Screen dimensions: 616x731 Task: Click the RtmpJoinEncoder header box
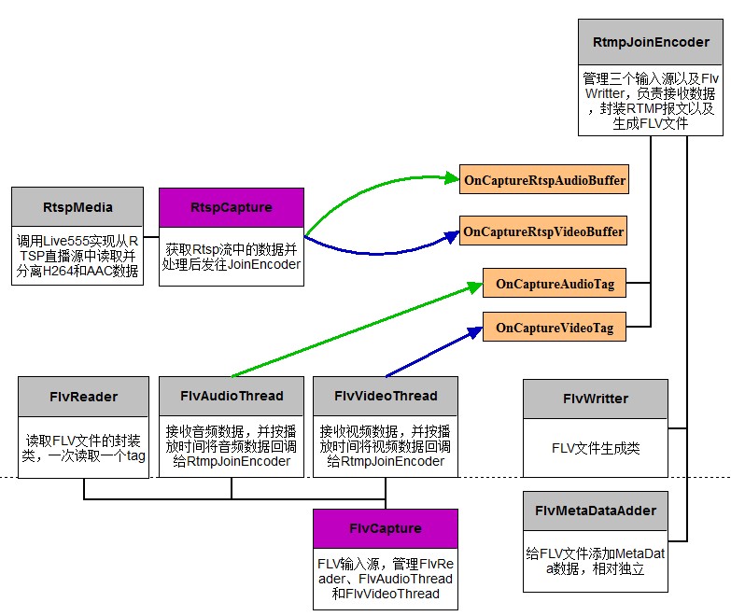(x=651, y=42)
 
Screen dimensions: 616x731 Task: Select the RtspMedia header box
(x=77, y=207)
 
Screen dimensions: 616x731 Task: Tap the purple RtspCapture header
(x=232, y=207)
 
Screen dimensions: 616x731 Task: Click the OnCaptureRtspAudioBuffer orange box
(x=544, y=179)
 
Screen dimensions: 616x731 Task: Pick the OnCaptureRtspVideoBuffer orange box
(x=543, y=231)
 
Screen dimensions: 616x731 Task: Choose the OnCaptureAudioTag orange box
(x=555, y=283)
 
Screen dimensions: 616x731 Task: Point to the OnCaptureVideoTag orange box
(x=555, y=328)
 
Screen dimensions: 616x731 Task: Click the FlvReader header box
(x=83, y=396)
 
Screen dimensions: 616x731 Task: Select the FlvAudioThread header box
(x=232, y=396)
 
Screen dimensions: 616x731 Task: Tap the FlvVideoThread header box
(x=386, y=396)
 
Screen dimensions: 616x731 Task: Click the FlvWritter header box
(x=596, y=399)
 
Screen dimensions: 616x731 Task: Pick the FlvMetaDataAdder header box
(x=596, y=511)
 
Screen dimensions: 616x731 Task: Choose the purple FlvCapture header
(x=386, y=528)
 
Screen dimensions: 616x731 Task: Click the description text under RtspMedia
(x=77, y=256)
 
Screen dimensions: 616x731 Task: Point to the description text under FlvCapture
(x=386, y=579)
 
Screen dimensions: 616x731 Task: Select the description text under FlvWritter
(x=596, y=447)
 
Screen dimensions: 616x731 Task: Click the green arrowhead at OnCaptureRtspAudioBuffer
(x=454, y=177)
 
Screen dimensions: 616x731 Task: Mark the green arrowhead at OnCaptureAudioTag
(x=475, y=285)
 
